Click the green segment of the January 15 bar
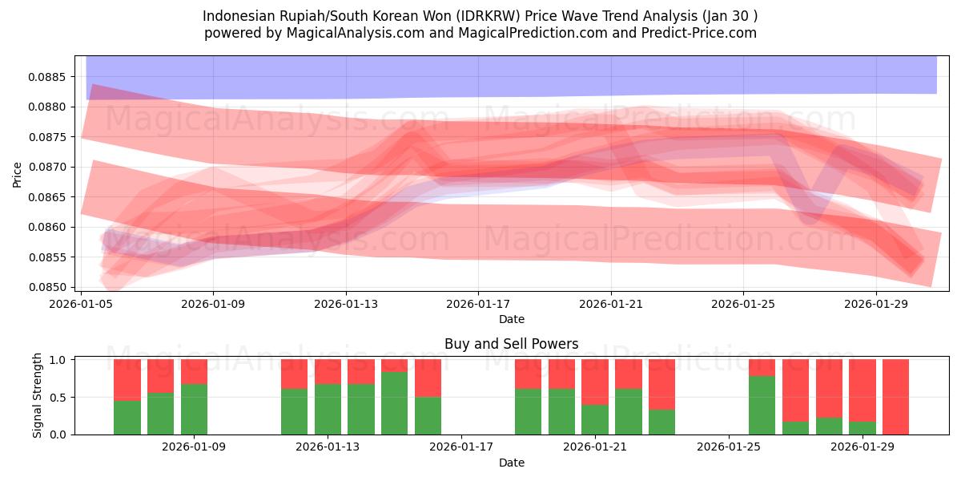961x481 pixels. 394,403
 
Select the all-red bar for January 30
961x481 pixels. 895,397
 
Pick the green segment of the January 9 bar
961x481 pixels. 194,409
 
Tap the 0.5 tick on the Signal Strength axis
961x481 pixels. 60,398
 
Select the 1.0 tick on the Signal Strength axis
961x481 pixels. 60,360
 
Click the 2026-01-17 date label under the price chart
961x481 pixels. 478,304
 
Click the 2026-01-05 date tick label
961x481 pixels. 81,304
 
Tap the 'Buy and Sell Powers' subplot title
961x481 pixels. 511,344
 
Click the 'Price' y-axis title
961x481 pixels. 18,173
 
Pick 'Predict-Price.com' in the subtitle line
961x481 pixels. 702,33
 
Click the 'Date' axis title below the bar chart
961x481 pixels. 511,463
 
